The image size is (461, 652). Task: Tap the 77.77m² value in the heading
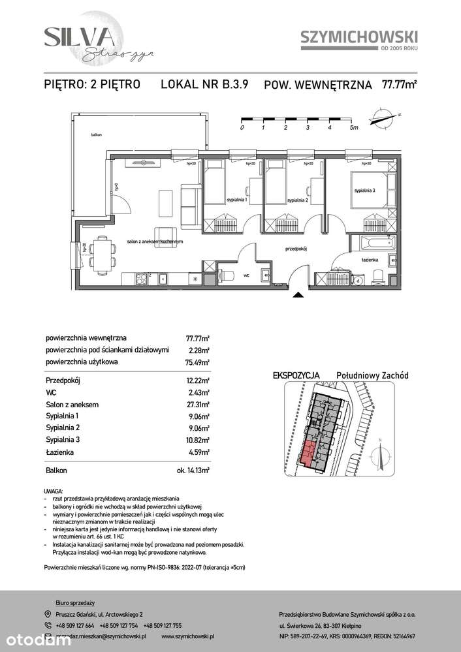click(x=400, y=84)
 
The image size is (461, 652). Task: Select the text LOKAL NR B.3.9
click(x=204, y=84)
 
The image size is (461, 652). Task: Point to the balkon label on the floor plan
click(x=97, y=134)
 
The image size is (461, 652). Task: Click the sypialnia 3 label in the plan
click(x=365, y=191)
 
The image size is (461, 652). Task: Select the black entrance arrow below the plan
click(x=298, y=296)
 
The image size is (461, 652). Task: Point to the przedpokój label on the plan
click(x=296, y=249)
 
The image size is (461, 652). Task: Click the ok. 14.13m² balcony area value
click(x=195, y=470)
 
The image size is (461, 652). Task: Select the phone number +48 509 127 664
click(x=76, y=625)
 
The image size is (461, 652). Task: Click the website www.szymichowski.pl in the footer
click(x=187, y=636)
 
